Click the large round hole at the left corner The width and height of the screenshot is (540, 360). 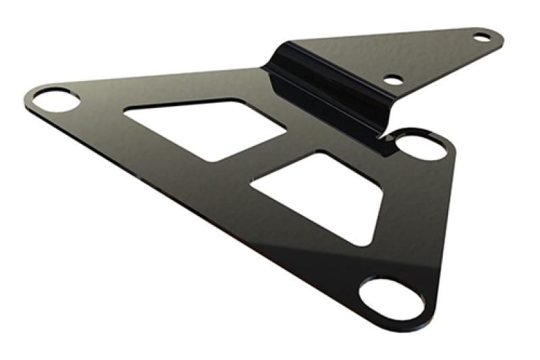[56, 101]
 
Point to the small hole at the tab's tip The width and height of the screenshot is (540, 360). [481, 36]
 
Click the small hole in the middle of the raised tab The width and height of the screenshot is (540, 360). [393, 80]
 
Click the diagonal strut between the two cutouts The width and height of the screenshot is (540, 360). [270, 162]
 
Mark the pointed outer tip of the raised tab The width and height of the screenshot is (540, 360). [496, 34]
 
